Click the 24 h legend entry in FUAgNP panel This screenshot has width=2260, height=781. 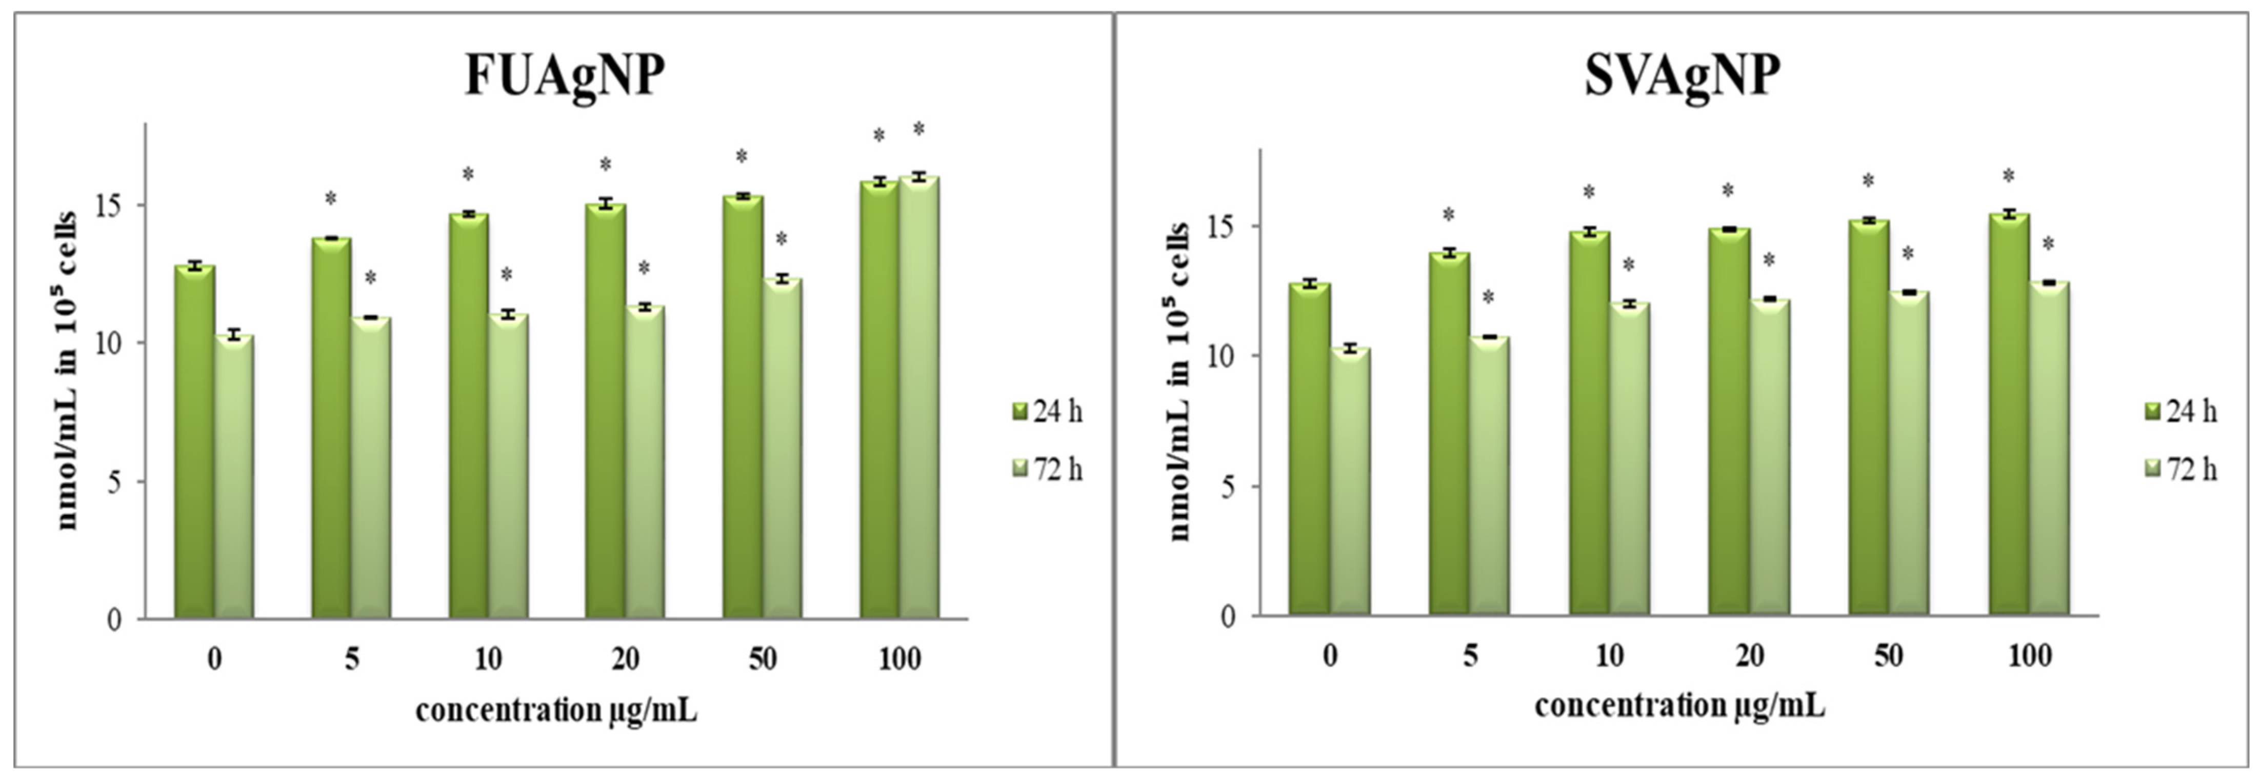point(1048,412)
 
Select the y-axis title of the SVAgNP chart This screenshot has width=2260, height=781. point(1180,382)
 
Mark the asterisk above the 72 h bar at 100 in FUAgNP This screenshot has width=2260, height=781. point(918,130)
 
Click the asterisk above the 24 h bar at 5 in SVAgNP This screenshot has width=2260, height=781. point(1449,214)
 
